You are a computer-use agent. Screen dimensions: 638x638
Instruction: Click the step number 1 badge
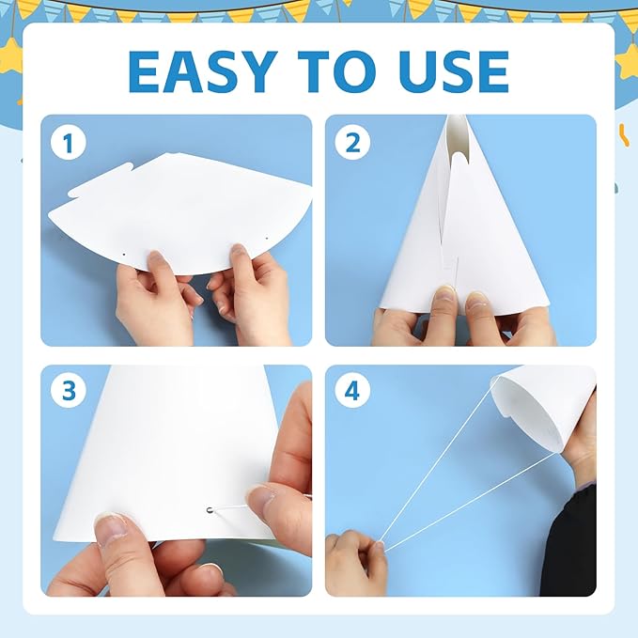click(x=67, y=143)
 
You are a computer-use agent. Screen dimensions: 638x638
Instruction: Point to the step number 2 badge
click(x=352, y=143)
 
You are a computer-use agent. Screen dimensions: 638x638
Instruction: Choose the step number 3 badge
click(x=67, y=391)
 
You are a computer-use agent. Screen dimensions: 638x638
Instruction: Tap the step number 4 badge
click(x=352, y=391)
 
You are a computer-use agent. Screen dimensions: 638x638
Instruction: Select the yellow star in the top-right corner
click(x=627, y=61)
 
